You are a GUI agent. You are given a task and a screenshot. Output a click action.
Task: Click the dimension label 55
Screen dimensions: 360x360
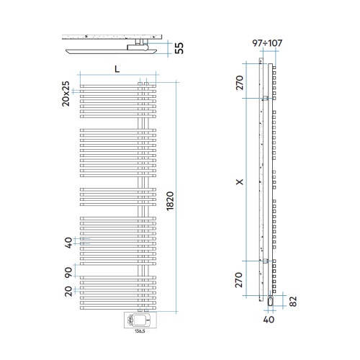(x=179, y=48)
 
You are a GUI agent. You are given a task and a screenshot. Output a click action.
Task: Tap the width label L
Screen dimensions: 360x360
(x=117, y=69)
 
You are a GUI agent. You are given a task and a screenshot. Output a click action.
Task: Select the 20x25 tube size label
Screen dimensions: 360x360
(x=66, y=94)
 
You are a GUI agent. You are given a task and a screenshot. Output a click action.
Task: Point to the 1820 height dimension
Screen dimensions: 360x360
(x=170, y=201)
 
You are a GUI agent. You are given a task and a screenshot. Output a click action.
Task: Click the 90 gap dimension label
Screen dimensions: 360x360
(x=68, y=272)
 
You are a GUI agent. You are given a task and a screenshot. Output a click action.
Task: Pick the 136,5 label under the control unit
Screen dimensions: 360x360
(x=140, y=332)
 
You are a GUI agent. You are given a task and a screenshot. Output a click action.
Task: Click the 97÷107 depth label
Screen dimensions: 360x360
(x=267, y=43)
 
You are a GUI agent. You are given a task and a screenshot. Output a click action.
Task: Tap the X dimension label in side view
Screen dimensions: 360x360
(x=240, y=181)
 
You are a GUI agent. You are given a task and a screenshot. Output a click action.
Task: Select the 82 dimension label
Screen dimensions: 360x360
(x=293, y=302)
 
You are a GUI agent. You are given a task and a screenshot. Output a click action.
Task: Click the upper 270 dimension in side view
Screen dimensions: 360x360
(x=240, y=83)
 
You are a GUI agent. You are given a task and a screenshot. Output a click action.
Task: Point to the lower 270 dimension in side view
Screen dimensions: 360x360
(x=239, y=280)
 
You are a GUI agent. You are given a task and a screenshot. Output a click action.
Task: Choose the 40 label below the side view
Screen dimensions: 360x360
(x=269, y=320)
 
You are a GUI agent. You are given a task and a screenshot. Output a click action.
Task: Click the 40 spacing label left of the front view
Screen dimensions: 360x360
(x=68, y=243)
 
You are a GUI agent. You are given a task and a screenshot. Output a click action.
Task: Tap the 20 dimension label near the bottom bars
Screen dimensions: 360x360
(x=68, y=291)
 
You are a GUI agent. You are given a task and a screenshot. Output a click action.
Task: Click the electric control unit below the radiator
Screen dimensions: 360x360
(x=140, y=320)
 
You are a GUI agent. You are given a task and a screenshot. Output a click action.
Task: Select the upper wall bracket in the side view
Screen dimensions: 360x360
(x=266, y=98)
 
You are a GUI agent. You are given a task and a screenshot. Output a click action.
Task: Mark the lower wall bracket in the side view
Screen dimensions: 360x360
(x=266, y=261)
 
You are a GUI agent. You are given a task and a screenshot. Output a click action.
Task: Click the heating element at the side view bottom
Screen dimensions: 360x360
(x=271, y=301)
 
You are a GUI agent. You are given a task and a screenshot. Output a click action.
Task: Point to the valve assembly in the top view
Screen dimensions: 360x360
(x=139, y=45)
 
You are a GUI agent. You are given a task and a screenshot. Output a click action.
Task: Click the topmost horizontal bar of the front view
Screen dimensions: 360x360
(x=118, y=86)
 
